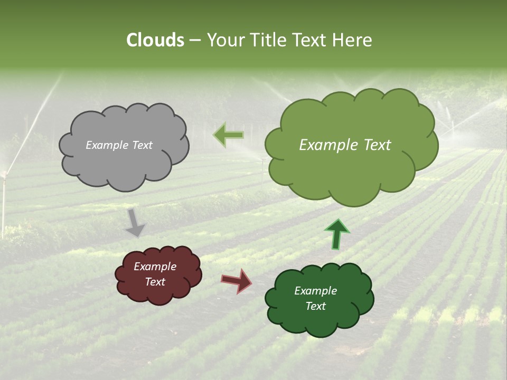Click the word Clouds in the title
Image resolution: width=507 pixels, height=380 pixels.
[x=155, y=40]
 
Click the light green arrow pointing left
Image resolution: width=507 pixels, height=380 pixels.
[x=229, y=135]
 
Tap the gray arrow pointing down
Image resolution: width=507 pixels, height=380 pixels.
[x=135, y=222]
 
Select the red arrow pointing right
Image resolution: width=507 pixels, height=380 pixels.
[x=237, y=280]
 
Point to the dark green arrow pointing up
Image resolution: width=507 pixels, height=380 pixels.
[x=336, y=234]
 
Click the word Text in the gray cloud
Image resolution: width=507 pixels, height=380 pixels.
[x=142, y=145]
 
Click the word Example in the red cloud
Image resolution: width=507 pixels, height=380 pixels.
[x=155, y=267]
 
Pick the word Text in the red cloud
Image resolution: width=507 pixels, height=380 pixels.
[x=155, y=282]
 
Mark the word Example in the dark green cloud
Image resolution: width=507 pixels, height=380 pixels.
[x=315, y=291]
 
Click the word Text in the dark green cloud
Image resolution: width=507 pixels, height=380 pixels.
[x=315, y=306]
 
